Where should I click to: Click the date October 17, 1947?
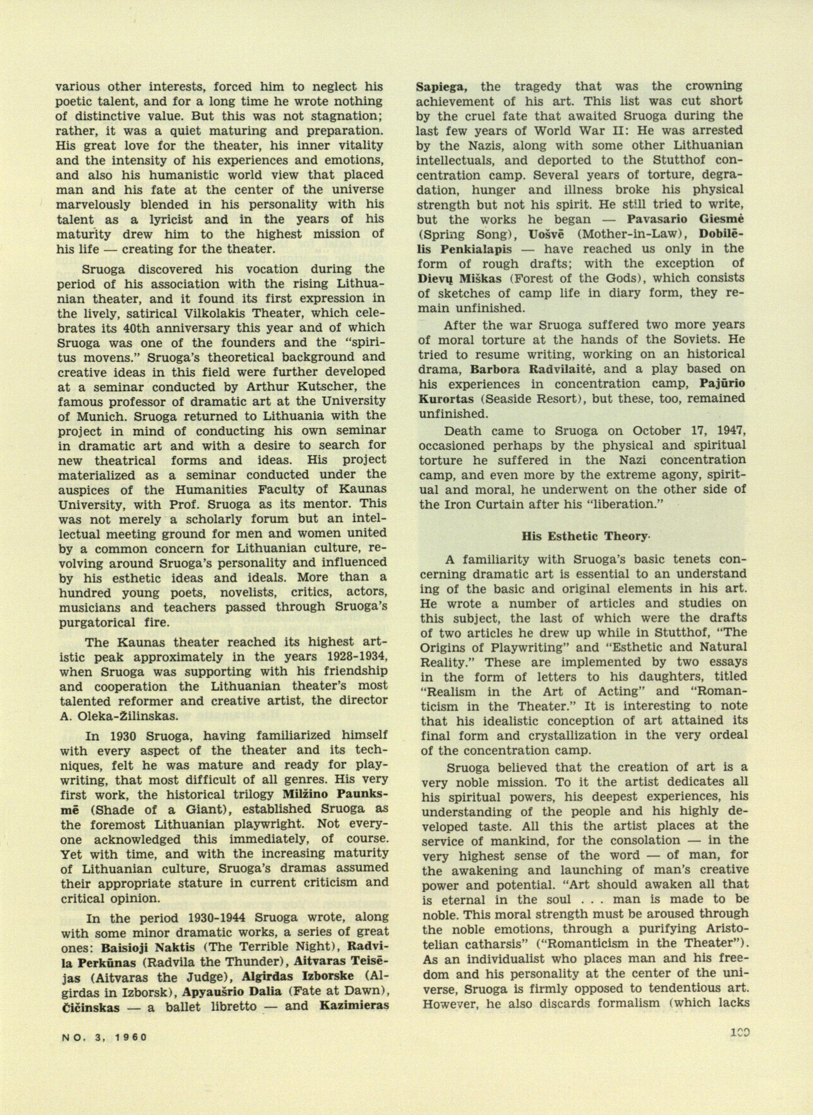[x=689, y=431]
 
